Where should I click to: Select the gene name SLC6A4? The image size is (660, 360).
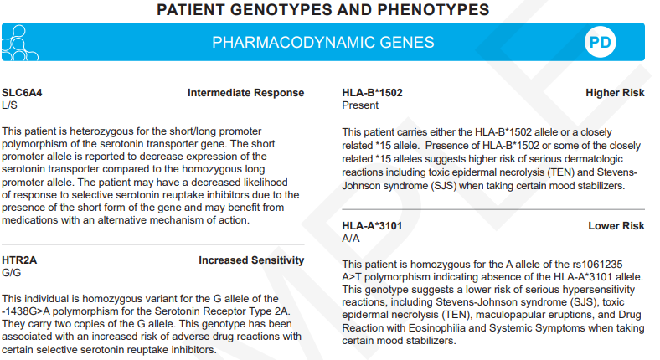tap(22, 93)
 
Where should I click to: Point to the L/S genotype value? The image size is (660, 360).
tap(9, 105)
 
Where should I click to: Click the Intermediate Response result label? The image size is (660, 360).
tap(246, 93)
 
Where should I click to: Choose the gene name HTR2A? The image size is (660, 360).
tap(20, 260)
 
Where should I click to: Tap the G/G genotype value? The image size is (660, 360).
tap(11, 273)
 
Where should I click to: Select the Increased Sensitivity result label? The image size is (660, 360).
tap(251, 260)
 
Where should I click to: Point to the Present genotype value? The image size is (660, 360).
tap(360, 105)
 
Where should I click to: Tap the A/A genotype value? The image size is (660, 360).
tap(351, 239)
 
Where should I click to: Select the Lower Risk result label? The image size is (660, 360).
tap(616, 226)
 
